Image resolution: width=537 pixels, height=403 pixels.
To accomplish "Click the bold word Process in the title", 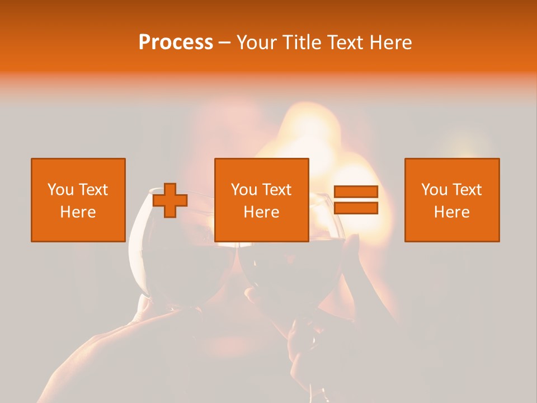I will pyautogui.click(x=176, y=43).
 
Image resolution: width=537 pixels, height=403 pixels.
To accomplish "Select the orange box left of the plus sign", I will pyautogui.click(x=78, y=200).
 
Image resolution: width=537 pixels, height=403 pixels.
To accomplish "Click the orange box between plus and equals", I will pyautogui.click(x=261, y=200).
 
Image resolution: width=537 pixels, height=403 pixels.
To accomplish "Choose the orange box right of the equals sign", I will pyautogui.click(x=451, y=200).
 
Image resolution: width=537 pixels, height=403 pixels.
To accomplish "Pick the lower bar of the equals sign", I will pyautogui.click(x=356, y=208).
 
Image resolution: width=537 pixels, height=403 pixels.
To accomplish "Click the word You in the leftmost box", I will pyautogui.click(x=60, y=190).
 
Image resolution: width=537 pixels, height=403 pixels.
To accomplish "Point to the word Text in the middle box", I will pyautogui.click(x=277, y=190).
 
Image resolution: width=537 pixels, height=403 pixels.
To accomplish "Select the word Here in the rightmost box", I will pyautogui.click(x=451, y=212).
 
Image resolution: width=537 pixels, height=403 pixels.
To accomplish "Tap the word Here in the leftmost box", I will pyautogui.click(x=78, y=212).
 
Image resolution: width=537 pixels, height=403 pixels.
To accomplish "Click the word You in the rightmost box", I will pyautogui.click(x=434, y=190).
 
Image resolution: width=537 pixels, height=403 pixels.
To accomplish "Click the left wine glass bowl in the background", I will pyautogui.click(x=179, y=263).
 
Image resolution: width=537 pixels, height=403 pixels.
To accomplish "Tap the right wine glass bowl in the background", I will pyautogui.click(x=291, y=269).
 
